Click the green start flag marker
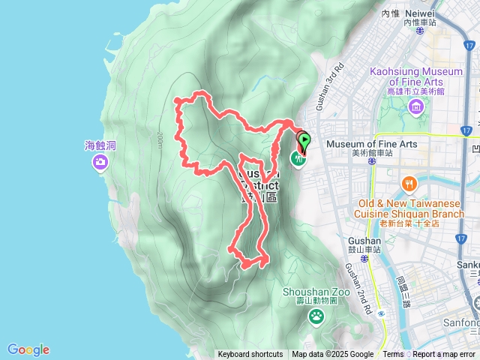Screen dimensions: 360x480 305,139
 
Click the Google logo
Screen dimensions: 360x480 28,349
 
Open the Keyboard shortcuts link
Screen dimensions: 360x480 250,355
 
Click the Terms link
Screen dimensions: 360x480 393,355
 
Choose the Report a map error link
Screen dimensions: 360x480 445,355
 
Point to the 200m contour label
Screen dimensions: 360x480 160,139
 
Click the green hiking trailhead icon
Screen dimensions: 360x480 298,158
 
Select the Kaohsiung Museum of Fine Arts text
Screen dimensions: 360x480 416,76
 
